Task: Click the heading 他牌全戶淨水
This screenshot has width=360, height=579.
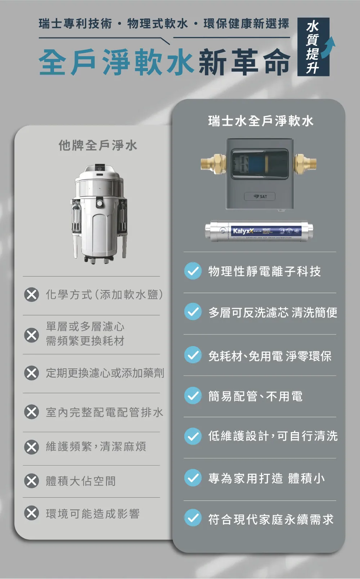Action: (98, 145)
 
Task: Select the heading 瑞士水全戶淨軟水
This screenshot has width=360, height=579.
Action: (261, 121)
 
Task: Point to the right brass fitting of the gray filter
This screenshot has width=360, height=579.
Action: (305, 163)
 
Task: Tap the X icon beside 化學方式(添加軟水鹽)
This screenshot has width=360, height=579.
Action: (32, 295)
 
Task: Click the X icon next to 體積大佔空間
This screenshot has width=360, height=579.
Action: (32, 481)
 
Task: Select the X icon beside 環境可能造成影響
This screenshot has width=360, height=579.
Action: (32, 513)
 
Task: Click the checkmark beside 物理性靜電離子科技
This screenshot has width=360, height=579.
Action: (193, 271)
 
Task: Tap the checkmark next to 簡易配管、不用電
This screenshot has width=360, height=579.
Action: (193, 396)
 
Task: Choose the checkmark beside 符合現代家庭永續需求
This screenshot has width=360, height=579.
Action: (193, 519)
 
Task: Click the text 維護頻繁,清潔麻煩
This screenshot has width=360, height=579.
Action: (96, 447)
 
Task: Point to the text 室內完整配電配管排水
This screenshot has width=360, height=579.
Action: (104, 412)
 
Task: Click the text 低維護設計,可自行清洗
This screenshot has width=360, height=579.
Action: (273, 436)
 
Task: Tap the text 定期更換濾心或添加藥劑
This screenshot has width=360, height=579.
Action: (105, 373)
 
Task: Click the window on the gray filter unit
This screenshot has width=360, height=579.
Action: (260, 164)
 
